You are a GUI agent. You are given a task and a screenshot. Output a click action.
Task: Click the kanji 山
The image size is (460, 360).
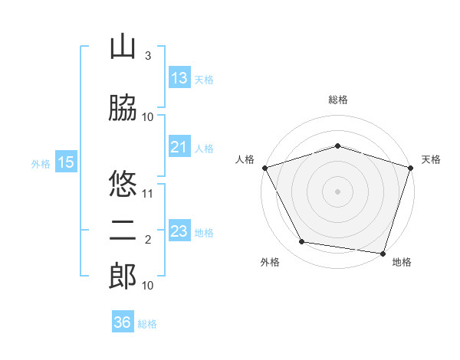click(x=123, y=46)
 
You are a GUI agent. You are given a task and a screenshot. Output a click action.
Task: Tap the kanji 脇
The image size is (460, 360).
click(x=123, y=107)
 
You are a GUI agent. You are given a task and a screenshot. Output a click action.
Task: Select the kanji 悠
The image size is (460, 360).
click(x=123, y=183)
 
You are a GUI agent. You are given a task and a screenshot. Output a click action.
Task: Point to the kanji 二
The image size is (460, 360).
click(x=123, y=231)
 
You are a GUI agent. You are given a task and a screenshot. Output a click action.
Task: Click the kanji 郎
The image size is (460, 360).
click(x=123, y=276)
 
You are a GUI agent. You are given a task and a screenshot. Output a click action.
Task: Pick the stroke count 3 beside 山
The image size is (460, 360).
click(x=148, y=55)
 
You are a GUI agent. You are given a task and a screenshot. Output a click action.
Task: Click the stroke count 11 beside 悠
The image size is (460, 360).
click(x=147, y=194)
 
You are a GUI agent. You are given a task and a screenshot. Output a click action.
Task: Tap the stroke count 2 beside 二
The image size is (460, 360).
click(x=148, y=240)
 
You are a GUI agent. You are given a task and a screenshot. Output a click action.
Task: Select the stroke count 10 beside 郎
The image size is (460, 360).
click(x=147, y=285)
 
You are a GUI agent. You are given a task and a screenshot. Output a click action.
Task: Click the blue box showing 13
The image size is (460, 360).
click(x=179, y=77)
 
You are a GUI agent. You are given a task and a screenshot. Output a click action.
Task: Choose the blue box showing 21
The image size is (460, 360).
click(x=179, y=146)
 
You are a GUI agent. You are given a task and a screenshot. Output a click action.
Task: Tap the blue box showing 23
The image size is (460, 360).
click(x=179, y=230)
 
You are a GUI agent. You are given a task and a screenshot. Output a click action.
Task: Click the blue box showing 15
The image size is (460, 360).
click(x=66, y=162)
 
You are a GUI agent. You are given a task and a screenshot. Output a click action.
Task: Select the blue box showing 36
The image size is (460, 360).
click(x=123, y=321)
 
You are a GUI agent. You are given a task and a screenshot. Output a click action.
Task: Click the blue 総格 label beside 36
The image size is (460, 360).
click(x=147, y=324)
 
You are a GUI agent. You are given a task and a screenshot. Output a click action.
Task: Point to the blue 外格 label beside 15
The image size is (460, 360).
click(x=41, y=164)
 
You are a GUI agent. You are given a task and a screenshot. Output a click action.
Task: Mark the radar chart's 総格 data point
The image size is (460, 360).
click(x=337, y=146)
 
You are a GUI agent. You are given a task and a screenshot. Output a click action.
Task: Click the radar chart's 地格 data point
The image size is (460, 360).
click(x=383, y=254)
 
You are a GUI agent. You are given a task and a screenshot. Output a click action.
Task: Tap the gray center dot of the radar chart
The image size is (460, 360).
click(x=337, y=191)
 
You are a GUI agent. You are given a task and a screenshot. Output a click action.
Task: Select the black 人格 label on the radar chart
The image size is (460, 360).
click(x=245, y=159)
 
